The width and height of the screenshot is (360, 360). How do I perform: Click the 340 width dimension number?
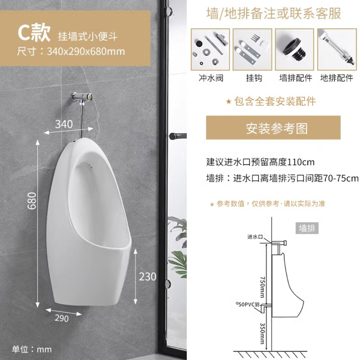pyautogui.click(x=63, y=124)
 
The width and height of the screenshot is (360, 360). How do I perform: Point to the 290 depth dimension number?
pyautogui.click(x=62, y=319)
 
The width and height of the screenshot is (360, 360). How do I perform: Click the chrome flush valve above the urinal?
pyautogui.click(x=82, y=96)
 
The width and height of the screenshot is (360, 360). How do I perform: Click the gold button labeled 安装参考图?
pyautogui.click(x=273, y=128)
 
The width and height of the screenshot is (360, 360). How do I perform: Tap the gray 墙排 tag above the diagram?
pyautogui.click(x=308, y=228)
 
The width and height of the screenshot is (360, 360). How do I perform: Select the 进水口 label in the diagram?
pyautogui.click(x=255, y=237)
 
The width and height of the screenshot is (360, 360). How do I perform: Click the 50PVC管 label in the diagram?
pyautogui.click(x=247, y=304)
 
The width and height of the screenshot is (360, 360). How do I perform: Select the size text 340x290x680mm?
pyautogui.click(x=85, y=51)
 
